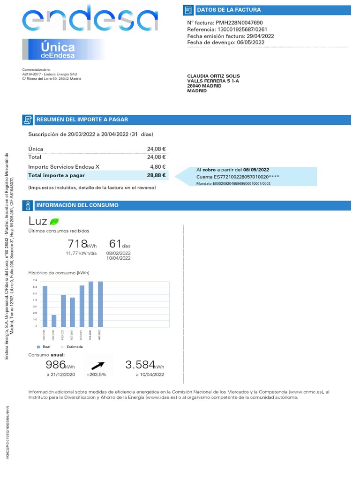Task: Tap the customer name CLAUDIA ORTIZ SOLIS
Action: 213,76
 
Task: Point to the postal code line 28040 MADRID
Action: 204,86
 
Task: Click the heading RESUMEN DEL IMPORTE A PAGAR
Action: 82,120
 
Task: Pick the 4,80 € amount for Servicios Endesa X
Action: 157,166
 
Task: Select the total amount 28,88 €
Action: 157,175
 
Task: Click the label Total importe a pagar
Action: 56,175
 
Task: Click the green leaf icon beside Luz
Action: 54,221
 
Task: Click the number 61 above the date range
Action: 115,244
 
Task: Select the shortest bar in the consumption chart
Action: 54,321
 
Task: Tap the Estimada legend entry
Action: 74,347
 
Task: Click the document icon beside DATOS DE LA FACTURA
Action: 188,10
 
